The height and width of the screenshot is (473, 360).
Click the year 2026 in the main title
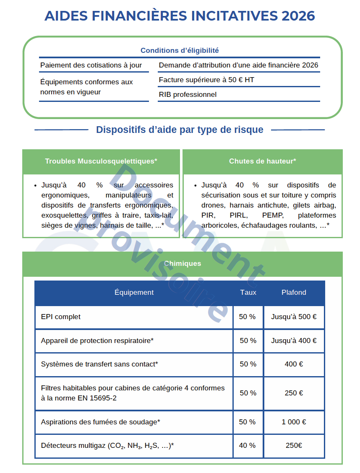tap(298, 16)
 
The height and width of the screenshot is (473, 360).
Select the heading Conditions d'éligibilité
tap(180, 50)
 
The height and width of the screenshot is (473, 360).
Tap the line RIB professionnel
tap(188, 94)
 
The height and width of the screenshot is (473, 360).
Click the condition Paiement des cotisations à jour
tap(91, 65)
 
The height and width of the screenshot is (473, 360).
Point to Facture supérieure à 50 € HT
tap(206, 80)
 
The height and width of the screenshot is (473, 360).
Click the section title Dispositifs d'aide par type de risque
tap(180, 130)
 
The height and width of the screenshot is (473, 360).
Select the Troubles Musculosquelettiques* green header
tap(101, 161)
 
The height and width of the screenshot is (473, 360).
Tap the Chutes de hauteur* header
tap(262, 161)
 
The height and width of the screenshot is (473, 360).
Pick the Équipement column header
tap(134, 293)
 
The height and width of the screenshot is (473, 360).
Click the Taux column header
tap(248, 293)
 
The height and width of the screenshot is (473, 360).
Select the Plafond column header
tap(294, 293)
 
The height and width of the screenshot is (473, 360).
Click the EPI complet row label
tap(61, 317)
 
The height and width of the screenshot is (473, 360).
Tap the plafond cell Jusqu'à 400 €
tap(294, 341)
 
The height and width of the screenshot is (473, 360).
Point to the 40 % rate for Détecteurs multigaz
tap(248, 445)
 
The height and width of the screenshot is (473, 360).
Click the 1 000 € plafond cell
tap(294, 422)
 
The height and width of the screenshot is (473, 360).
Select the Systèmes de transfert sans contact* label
tap(99, 364)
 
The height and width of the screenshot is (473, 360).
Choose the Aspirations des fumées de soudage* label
tap(101, 422)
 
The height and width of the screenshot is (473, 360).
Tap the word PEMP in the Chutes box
tap(273, 216)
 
